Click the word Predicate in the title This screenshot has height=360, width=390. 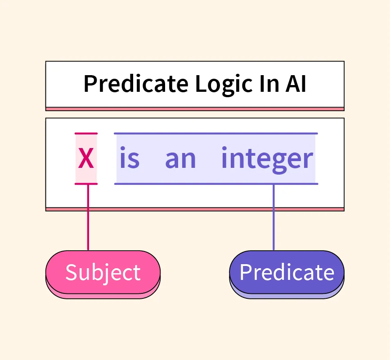pyautogui.click(x=136, y=84)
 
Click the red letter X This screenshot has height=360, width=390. pyautogui.click(x=86, y=158)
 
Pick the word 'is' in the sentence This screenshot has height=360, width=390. pyautogui.click(x=130, y=157)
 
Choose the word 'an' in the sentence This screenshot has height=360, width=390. pyautogui.click(x=180, y=159)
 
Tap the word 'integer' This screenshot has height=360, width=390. pyautogui.click(x=267, y=160)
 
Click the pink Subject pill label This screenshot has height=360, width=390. pyautogui.click(x=103, y=272)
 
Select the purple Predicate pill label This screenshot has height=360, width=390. pyautogui.click(x=287, y=272)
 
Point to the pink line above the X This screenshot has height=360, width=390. pyautogui.click(x=86, y=134)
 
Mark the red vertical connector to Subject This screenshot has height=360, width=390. pyautogui.click(x=88, y=217)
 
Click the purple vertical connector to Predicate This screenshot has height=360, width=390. pyautogui.click(x=273, y=217)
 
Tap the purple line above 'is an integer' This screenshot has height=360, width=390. pyautogui.click(x=216, y=134)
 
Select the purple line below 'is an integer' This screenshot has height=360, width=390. pyautogui.click(x=216, y=184)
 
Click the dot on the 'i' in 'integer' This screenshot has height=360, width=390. pyautogui.click(x=224, y=148)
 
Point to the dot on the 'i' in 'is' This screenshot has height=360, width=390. pyautogui.click(x=122, y=148)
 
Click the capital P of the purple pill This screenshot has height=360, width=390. pyautogui.click(x=246, y=272)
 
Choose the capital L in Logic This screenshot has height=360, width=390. pyautogui.click(x=201, y=84)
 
